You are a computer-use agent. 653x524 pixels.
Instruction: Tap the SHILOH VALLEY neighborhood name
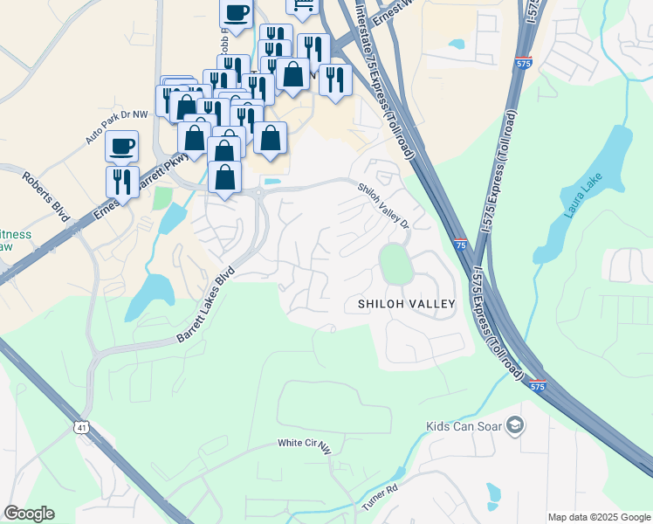coord(407,304)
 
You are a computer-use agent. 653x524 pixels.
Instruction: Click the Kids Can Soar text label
coord(464,426)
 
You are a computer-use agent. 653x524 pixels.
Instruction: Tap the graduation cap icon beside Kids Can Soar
coord(515,425)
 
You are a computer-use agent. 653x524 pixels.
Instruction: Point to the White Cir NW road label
coord(305,445)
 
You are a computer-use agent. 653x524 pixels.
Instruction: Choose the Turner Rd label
coord(381,498)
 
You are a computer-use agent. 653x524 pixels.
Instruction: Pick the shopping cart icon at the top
coord(302,7)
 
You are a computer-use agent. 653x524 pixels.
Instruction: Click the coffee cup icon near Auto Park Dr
coord(122,145)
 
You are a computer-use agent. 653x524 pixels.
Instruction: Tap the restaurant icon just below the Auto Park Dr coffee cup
coord(122,182)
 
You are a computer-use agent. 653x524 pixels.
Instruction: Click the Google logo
coord(29,514)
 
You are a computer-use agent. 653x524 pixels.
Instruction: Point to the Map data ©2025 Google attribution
coord(599,517)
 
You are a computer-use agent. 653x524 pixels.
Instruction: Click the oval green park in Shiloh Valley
coord(395,264)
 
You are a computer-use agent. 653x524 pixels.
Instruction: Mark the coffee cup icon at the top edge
coord(236,12)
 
